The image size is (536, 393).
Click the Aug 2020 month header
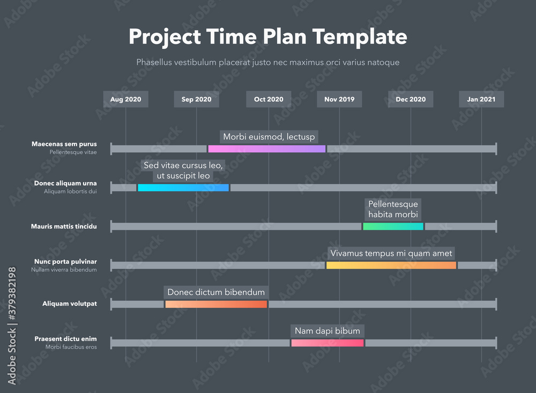125,99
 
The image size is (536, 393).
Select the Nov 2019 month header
339,99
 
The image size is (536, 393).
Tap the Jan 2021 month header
481,99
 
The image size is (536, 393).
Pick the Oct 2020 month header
269,99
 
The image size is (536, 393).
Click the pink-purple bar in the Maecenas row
266,149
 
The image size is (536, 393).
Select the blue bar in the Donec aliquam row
183,188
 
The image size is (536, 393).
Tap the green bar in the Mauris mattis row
393,226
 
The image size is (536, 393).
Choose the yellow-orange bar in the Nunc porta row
391,265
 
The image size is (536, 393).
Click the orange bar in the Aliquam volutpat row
216,304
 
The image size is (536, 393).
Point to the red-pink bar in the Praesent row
327,343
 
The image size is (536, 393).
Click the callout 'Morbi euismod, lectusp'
269,137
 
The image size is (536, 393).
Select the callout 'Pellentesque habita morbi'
393,209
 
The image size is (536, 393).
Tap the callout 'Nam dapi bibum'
327,331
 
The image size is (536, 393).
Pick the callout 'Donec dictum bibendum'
216,292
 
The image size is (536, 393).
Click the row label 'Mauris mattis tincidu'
64,226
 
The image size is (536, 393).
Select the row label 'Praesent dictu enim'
65,338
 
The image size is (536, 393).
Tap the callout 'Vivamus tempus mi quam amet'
391,253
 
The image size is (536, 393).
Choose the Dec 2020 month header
411,99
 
